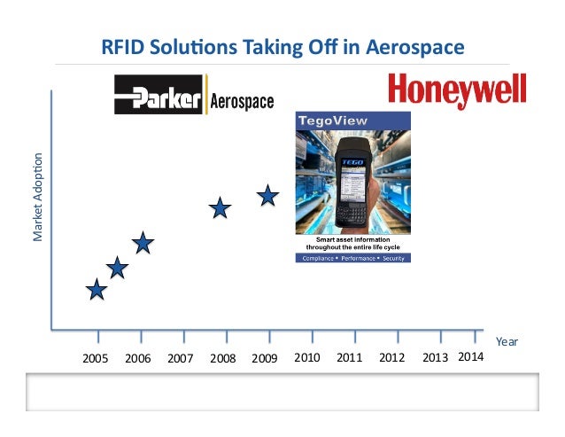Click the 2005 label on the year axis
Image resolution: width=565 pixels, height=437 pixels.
click(96, 359)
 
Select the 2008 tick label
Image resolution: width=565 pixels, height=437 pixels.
click(222, 359)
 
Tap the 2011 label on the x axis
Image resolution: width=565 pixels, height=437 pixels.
click(350, 358)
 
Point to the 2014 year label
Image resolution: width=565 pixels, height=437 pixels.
click(470, 357)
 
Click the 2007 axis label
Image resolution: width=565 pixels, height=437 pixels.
click(180, 359)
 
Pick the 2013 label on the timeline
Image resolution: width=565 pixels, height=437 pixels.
click(435, 358)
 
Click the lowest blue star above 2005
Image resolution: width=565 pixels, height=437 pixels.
click(97, 289)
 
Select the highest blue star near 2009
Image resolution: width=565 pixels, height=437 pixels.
click(268, 195)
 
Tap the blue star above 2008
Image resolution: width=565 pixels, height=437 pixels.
click(221, 208)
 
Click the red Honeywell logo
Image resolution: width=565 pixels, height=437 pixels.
click(458, 91)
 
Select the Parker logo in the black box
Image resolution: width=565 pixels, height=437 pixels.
click(160, 96)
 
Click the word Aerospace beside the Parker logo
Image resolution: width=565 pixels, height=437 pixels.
click(241, 100)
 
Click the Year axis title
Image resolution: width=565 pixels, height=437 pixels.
click(507, 341)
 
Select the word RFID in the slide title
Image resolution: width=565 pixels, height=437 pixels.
click(123, 45)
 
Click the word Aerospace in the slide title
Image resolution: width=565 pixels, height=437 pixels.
click(418, 45)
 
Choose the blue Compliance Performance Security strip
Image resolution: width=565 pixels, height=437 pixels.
click(352, 258)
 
